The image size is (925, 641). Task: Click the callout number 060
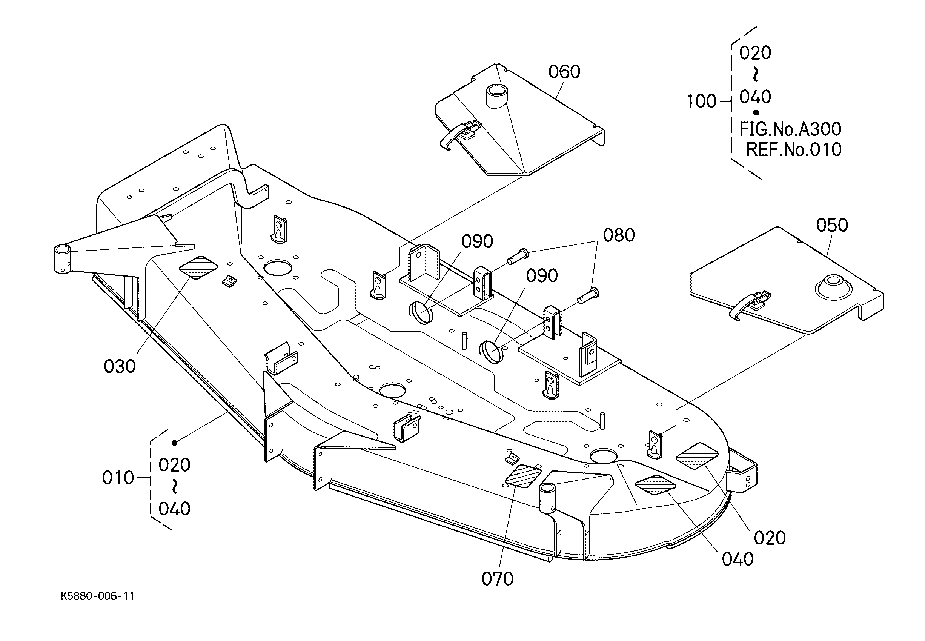(564, 72)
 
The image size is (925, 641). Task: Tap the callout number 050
(832, 225)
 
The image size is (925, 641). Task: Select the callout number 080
(619, 235)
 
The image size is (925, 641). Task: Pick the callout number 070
(498, 579)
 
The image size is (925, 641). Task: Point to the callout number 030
(120, 366)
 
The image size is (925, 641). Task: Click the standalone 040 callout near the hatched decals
(738, 559)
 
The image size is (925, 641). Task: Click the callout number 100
(701, 101)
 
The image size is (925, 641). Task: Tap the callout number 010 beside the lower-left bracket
(118, 478)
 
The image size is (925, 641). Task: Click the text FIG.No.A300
(790, 129)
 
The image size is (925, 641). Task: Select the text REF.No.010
(794, 150)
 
